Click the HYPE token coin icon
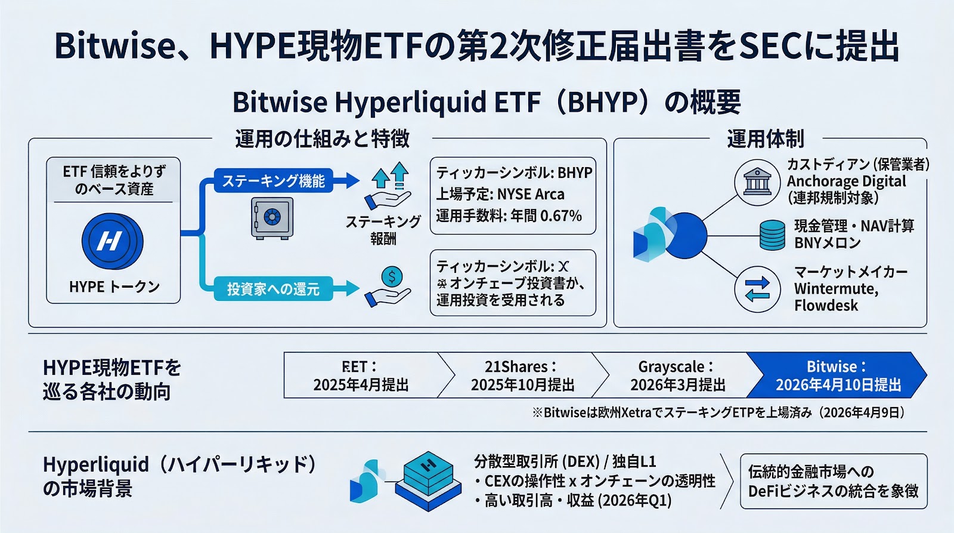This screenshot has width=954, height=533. pyautogui.click(x=111, y=241)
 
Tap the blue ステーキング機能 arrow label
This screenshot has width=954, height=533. pyautogui.click(x=274, y=181)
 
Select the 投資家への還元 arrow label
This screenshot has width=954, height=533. pyautogui.click(x=274, y=289)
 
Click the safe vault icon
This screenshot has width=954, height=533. pyautogui.click(x=272, y=218)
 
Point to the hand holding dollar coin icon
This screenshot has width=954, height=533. pyautogui.click(x=389, y=286)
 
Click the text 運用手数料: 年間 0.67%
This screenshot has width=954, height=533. pyautogui.click(x=509, y=216)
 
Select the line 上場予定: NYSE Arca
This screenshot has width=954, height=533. pyautogui.click(x=500, y=195)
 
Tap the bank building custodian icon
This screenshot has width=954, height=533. pyautogui.click(x=757, y=181)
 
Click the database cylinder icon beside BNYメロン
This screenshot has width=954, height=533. pyautogui.click(x=772, y=235)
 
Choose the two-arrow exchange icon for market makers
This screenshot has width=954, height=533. pyautogui.click(x=757, y=289)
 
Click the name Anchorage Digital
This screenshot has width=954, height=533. pyautogui.click(x=846, y=181)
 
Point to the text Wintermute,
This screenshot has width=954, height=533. pyautogui.click(x=836, y=289)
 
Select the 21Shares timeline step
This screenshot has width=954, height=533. pyautogui.click(x=521, y=375)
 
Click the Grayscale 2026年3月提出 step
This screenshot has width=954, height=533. pyautogui.click(x=677, y=375)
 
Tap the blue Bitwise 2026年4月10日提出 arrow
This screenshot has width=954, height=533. pyautogui.click(x=837, y=375)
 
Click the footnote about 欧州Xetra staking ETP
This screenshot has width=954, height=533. pyautogui.click(x=719, y=412)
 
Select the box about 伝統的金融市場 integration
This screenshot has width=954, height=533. pyautogui.click(x=833, y=481)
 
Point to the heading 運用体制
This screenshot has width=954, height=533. pyautogui.click(x=765, y=139)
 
